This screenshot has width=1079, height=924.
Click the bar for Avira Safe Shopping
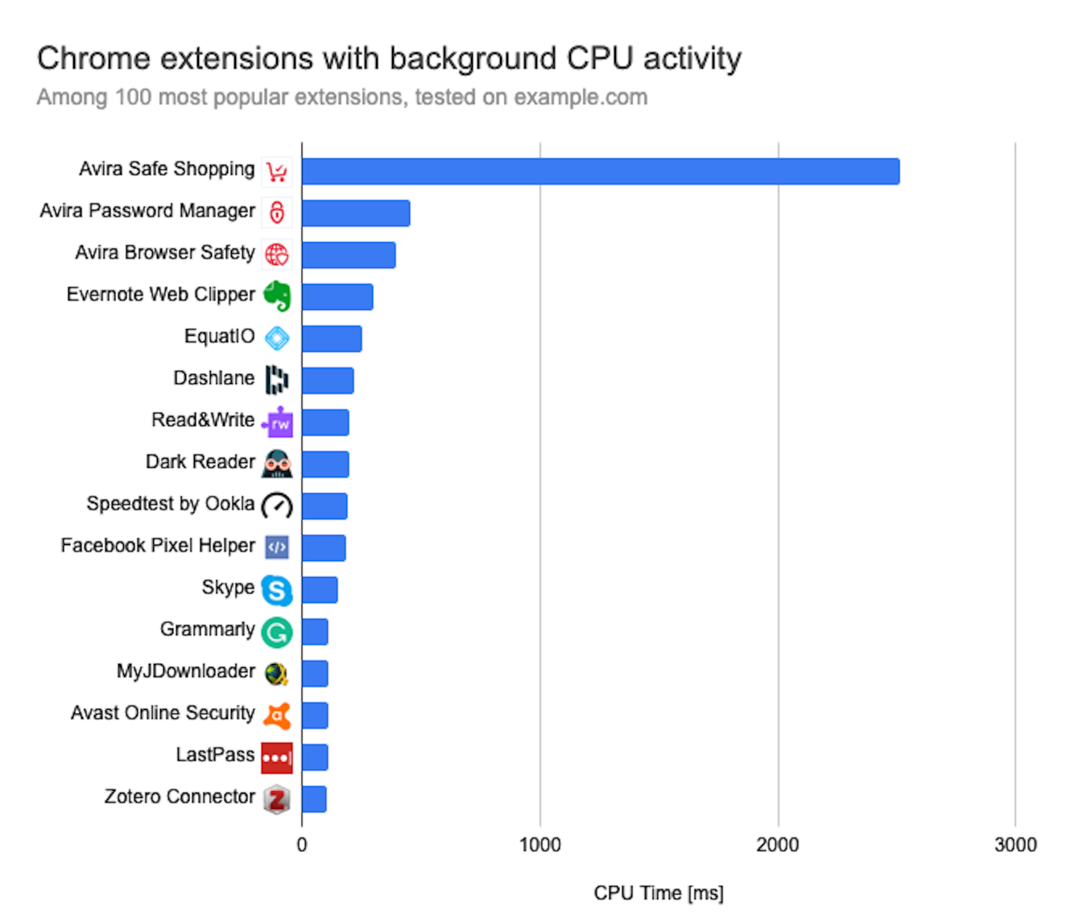(x=600, y=171)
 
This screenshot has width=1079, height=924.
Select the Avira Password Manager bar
(x=356, y=213)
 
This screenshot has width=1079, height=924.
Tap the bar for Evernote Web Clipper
(x=337, y=297)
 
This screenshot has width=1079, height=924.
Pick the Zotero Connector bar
(x=314, y=799)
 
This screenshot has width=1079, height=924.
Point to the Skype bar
(x=320, y=590)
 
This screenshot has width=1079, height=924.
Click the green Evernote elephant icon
(x=277, y=296)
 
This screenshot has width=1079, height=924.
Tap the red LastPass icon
(x=277, y=757)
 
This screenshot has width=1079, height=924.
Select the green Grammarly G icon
(x=277, y=633)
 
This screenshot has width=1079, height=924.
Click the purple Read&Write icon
(x=278, y=422)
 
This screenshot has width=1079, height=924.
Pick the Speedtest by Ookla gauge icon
(x=277, y=505)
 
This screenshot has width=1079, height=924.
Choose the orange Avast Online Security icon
(x=277, y=716)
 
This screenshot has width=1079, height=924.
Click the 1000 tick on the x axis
(x=539, y=844)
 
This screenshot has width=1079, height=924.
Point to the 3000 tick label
(x=1015, y=844)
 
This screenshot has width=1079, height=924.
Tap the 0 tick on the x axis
(x=302, y=844)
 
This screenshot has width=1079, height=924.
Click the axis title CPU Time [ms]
(x=658, y=893)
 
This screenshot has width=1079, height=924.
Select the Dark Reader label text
(x=200, y=462)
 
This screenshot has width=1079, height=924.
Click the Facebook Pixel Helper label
(x=158, y=546)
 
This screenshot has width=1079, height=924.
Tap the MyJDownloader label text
(x=185, y=671)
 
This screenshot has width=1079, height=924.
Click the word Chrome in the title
(x=93, y=59)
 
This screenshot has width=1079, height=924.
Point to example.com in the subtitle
(x=581, y=97)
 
